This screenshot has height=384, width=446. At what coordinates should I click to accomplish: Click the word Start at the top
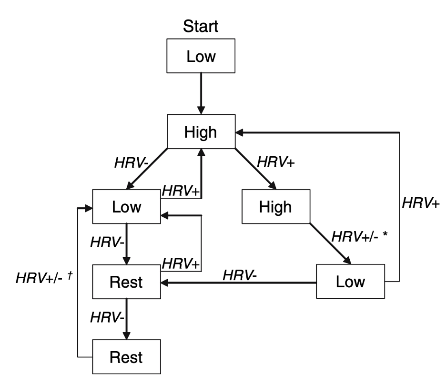click(x=201, y=27)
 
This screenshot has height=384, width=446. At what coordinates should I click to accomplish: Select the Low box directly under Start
click(x=201, y=57)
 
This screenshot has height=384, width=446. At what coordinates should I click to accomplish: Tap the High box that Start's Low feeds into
click(x=201, y=131)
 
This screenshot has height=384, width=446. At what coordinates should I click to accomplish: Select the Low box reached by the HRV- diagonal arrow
click(x=126, y=206)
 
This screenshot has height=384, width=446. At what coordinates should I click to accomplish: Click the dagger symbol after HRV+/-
click(x=70, y=276)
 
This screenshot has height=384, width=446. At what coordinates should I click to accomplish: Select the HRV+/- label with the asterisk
click(x=354, y=236)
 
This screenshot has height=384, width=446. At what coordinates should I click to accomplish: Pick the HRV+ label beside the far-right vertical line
click(x=421, y=202)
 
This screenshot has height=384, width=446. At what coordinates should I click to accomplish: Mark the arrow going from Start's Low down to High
click(x=201, y=93)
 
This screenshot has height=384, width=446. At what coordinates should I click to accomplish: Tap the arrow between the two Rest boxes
click(x=126, y=319)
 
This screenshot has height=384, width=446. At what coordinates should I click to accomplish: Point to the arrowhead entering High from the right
click(x=240, y=131)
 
